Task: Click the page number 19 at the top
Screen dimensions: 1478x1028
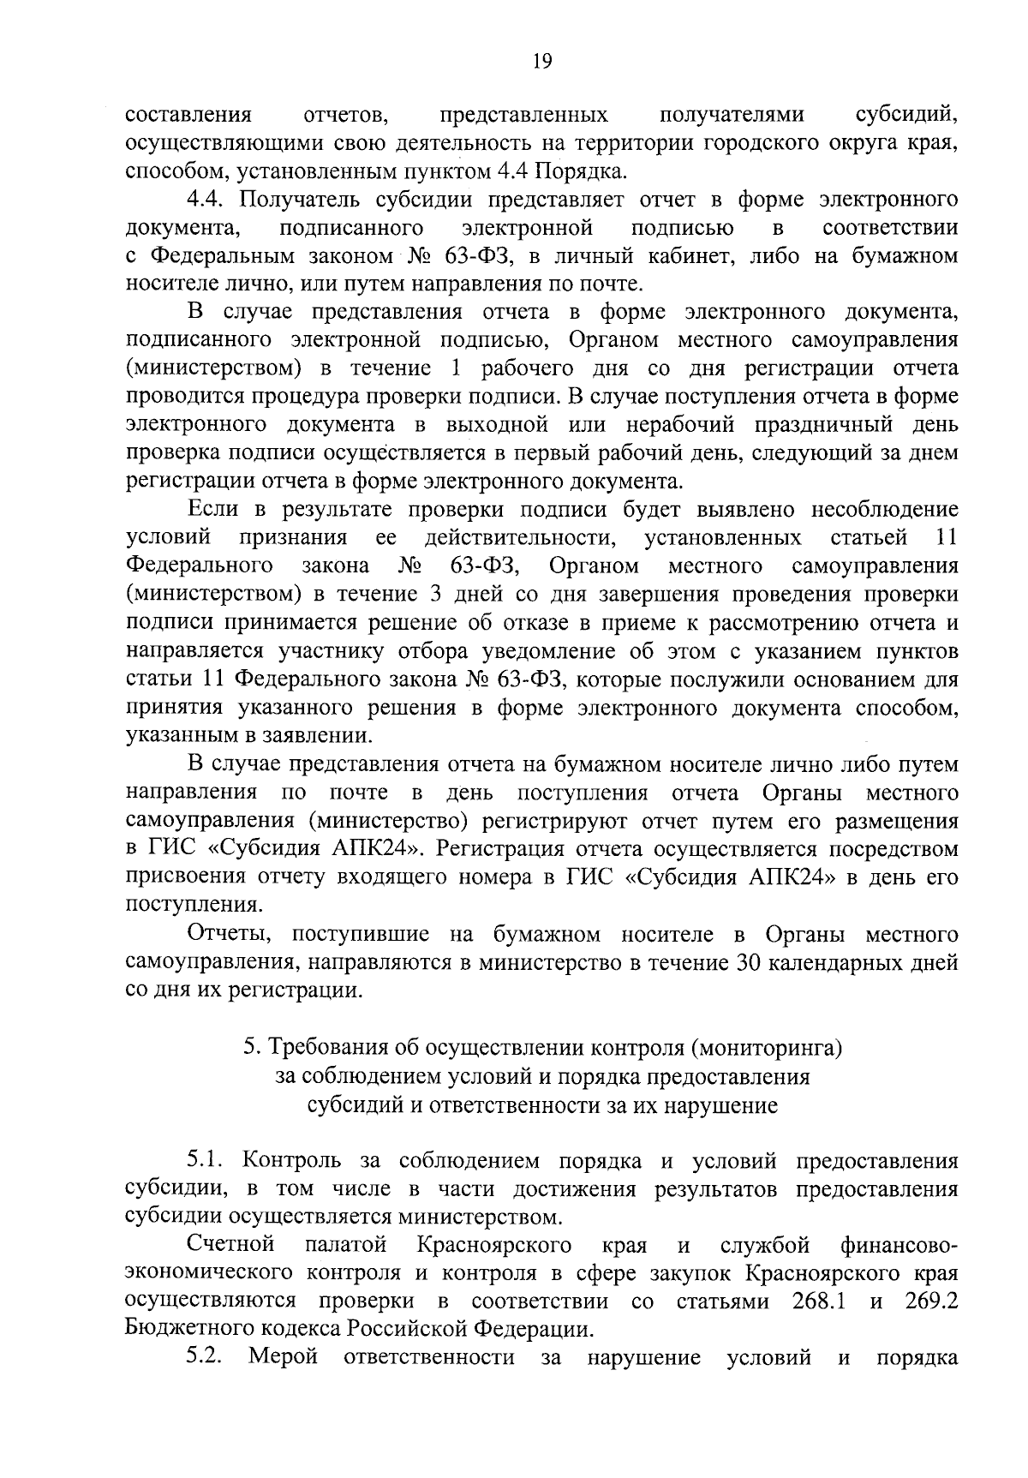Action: tap(541, 60)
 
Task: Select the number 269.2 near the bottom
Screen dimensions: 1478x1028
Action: tap(930, 1325)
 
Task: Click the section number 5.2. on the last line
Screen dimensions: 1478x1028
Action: tap(206, 1381)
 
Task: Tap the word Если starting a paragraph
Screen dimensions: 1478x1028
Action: tap(212, 509)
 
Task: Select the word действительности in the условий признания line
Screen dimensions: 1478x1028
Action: tap(521, 537)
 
